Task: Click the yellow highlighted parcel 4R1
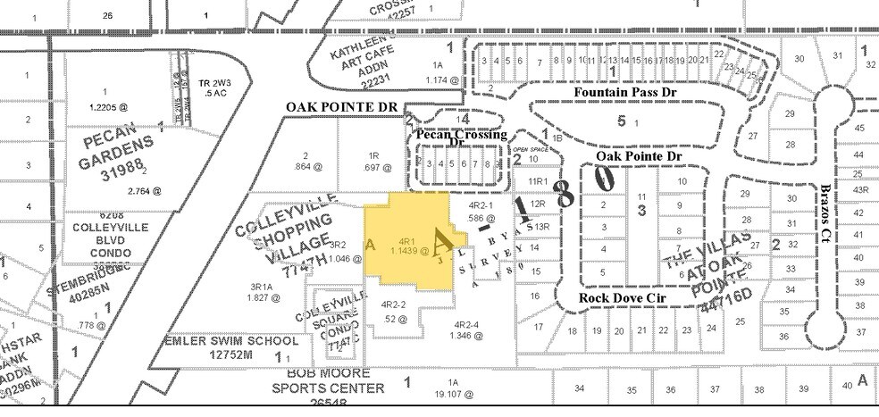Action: point(406,246)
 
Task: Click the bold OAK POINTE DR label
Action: point(340,107)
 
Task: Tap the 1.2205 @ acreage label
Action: point(109,106)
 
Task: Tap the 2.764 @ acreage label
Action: point(144,190)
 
